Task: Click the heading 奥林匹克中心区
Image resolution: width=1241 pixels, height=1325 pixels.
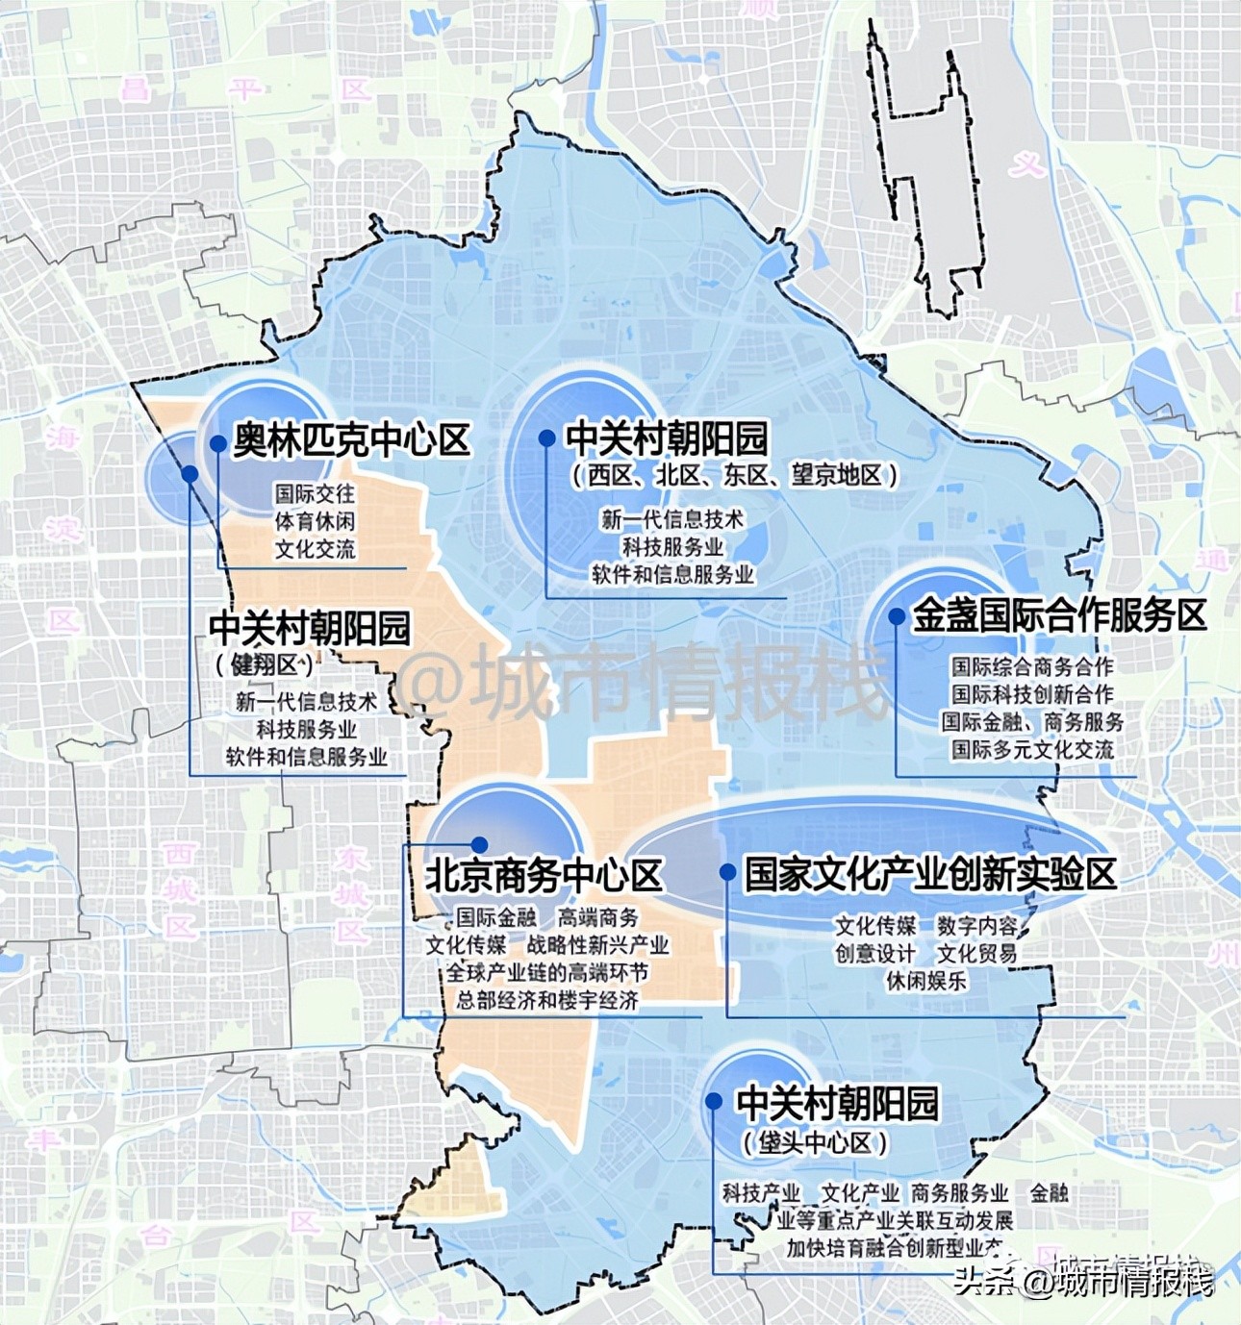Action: coord(351,441)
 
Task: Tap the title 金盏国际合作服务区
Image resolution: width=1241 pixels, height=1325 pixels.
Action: coord(1059,616)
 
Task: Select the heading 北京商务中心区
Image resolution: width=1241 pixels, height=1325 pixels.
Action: coord(544,876)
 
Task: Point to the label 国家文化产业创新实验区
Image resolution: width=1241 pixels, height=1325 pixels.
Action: coord(930,874)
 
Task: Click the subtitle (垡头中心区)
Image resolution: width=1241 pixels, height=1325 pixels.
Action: coord(815,1143)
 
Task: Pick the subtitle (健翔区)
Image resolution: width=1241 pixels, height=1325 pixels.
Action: coord(265,665)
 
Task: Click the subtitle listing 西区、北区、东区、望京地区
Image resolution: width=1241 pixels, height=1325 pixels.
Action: coord(734,475)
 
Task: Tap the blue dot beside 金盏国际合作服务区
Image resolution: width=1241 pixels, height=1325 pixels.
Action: coord(897,615)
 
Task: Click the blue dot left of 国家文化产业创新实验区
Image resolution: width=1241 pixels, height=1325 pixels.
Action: coord(727,872)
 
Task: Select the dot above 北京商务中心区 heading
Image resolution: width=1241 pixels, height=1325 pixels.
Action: coord(479,845)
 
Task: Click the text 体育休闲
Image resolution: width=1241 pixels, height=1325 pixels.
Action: coord(315,521)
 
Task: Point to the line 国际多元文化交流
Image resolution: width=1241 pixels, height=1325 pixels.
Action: coord(1032,749)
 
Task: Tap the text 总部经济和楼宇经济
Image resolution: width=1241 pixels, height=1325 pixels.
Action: coord(546,1000)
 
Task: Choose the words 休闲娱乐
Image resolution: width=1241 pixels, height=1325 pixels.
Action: coord(926,981)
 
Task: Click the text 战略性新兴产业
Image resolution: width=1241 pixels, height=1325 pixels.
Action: coord(597,945)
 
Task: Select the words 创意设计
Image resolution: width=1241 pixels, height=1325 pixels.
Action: coord(874,953)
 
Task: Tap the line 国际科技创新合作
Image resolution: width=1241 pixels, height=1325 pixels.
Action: coord(1032,694)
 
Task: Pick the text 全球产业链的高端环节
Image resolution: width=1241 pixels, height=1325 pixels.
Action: coord(546,973)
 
